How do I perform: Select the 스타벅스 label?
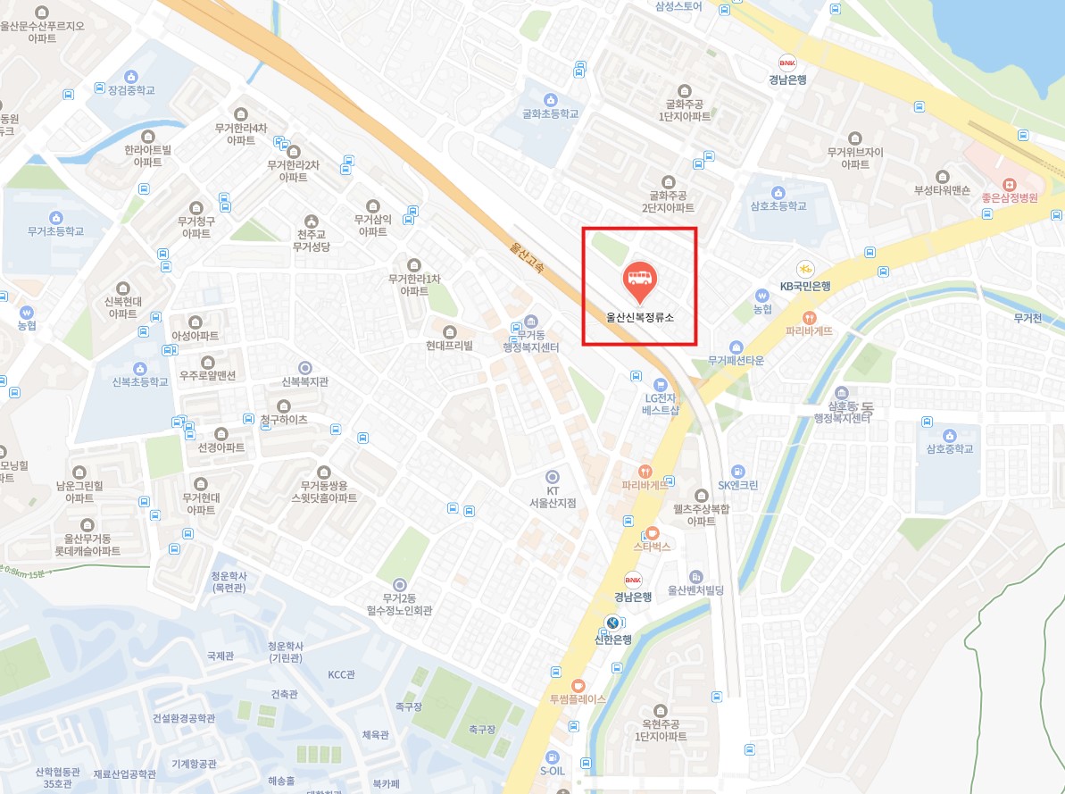pos(652,546)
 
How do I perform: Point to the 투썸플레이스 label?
pos(577,698)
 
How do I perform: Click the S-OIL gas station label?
pos(553,771)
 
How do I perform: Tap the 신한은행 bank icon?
pos(612,623)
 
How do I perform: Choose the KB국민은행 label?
pos(805,286)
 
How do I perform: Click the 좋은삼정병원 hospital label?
pos(1008,198)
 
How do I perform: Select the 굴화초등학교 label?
pos(551,113)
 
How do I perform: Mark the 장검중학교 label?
pos(131,90)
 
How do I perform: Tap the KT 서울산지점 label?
pos(552,497)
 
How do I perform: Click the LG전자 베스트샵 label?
pos(661,405)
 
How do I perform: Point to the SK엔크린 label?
pos(738,485)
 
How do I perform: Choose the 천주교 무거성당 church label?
pos(312,240)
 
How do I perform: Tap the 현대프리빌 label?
pos(449,345)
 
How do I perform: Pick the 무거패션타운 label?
pos(736,361)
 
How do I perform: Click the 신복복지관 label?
pos(305,381)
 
